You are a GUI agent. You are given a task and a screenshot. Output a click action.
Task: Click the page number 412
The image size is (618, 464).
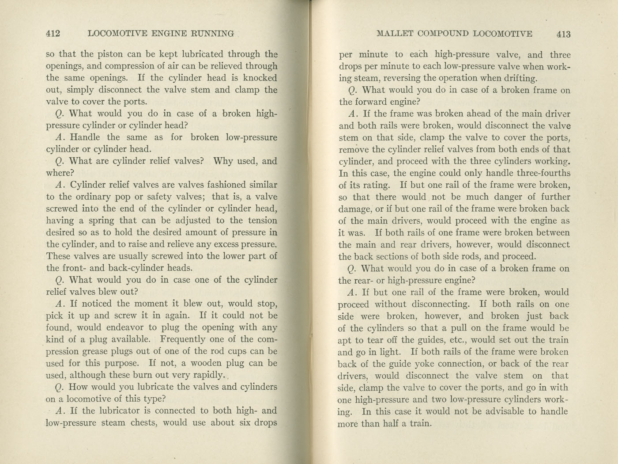click(x=53, y=33)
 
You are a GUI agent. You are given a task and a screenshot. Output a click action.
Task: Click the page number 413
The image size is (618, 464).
click(x=564, y=34)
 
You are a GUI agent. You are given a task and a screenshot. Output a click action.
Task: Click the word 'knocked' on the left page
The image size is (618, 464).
click(x=260, y=78)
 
